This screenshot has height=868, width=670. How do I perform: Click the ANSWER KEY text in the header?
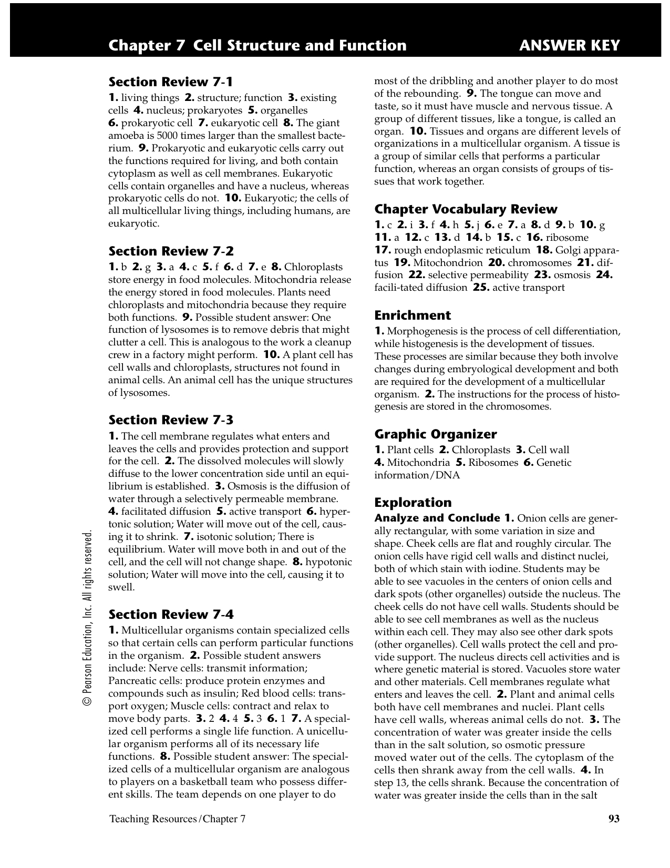569,46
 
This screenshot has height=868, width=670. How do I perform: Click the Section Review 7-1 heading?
170,82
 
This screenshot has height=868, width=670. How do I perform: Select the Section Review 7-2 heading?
171,251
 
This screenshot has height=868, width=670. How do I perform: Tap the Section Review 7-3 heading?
170,420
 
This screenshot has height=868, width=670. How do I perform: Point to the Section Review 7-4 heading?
171,615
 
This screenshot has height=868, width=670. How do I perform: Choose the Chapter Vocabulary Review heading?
466,209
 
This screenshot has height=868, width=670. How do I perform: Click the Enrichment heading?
413,315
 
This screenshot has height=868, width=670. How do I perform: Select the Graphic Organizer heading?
435,434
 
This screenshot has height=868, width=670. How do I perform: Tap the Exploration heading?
413,503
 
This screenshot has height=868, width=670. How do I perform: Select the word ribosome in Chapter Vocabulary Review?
567,238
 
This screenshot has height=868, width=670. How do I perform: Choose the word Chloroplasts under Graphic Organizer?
481,450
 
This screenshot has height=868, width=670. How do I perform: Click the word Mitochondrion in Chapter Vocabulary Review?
448,263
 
